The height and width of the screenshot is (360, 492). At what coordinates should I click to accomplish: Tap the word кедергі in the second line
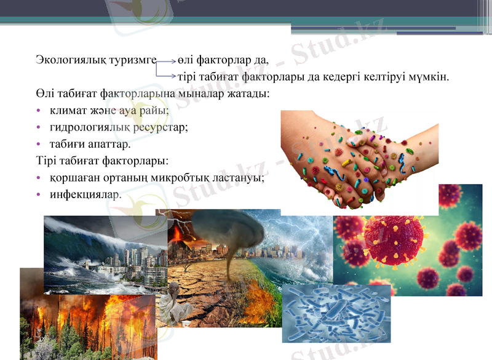click(x=343, y=78)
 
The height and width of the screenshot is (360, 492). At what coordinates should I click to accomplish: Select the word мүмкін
click(x=430, y=78)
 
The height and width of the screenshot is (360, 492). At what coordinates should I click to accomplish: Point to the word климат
click(x=67, y=111)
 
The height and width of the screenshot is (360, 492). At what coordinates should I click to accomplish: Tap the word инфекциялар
click(x=85, y=195)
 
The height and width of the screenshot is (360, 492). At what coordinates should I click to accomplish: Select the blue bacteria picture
click(x=336, y=313)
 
